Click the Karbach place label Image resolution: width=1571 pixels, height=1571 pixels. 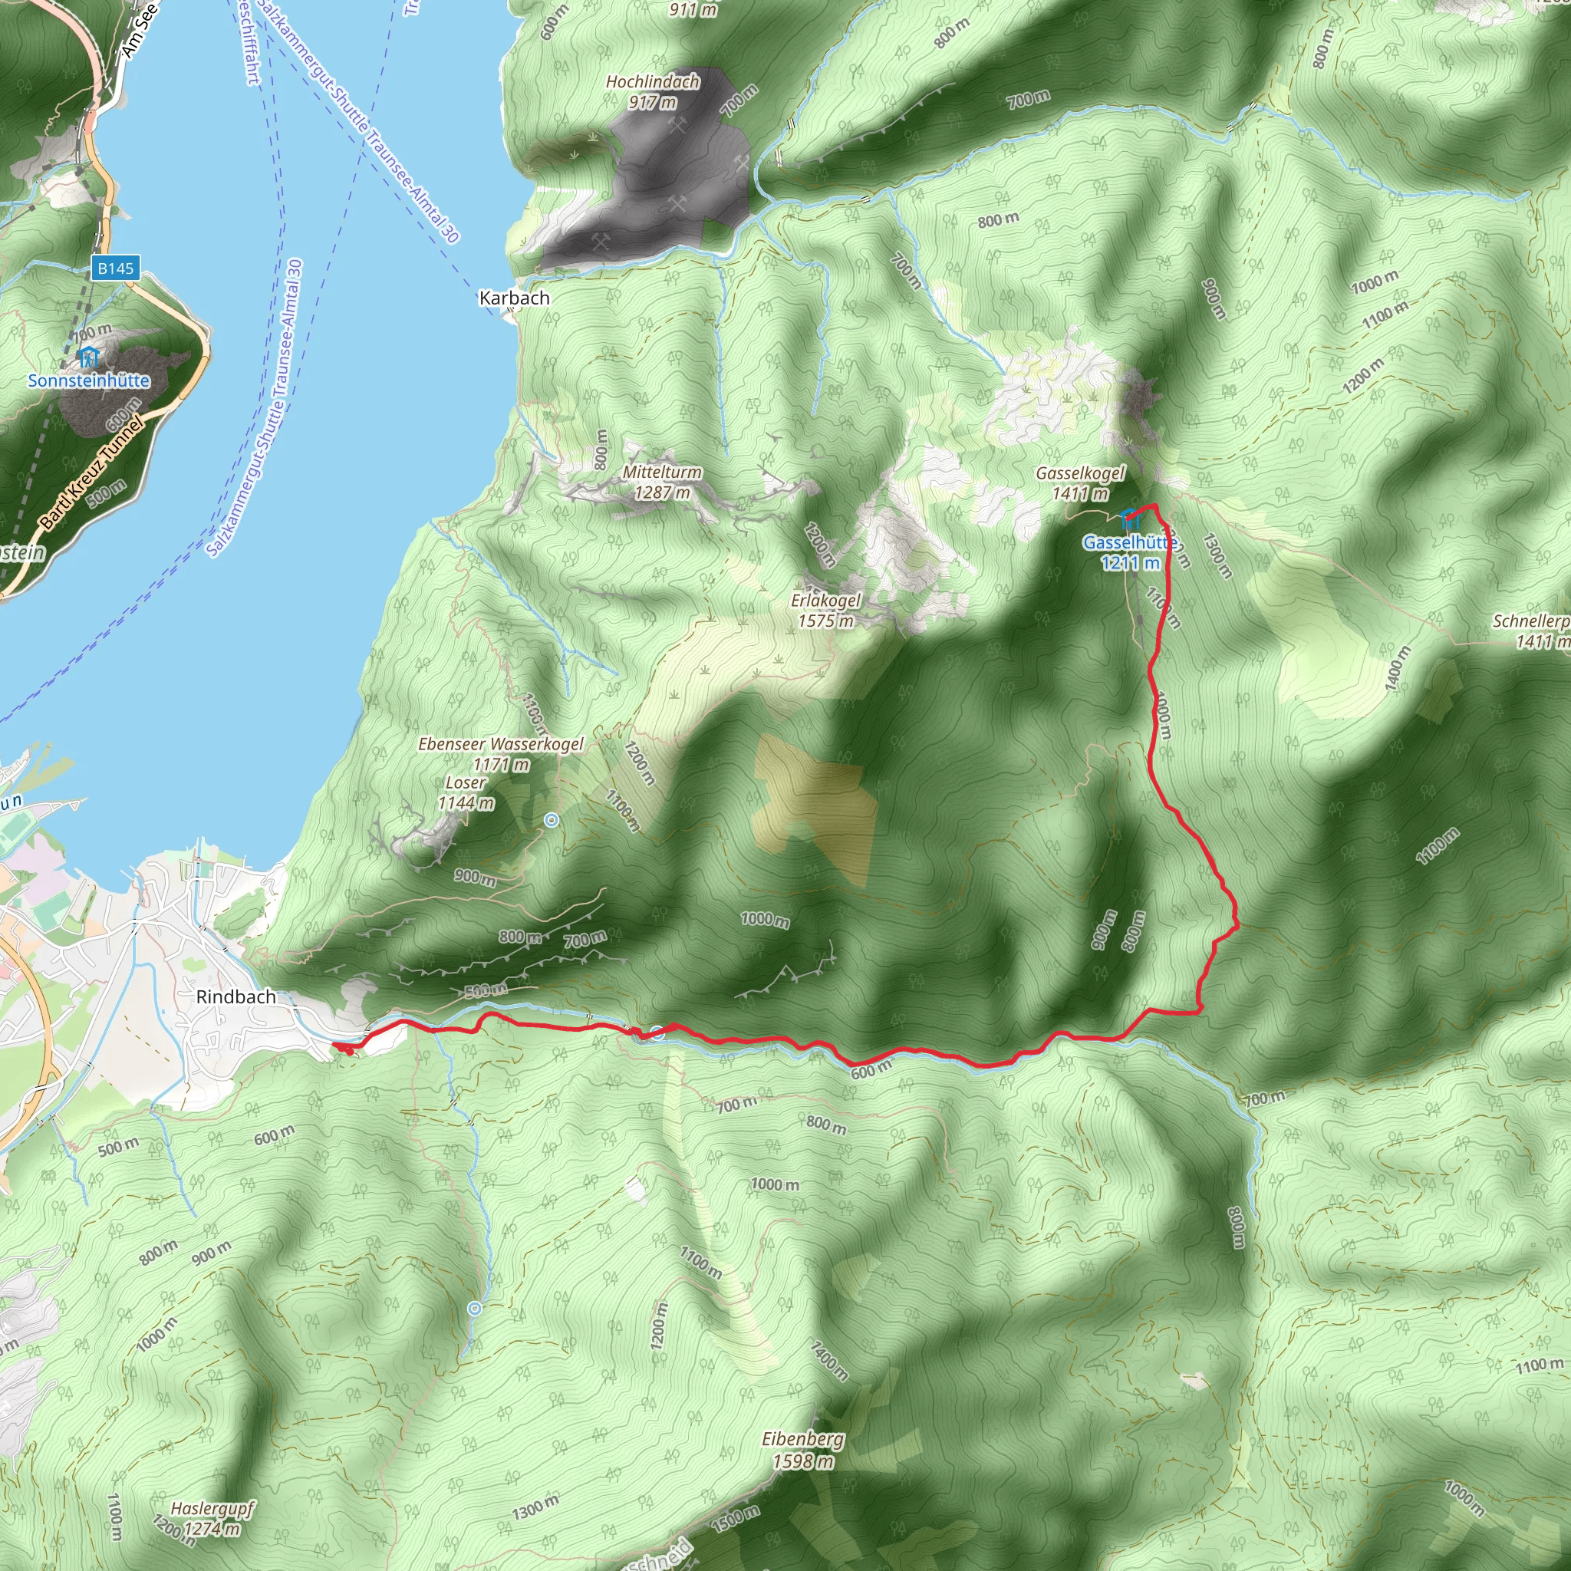point(514,298)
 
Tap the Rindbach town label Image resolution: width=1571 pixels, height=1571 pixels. point(235,997)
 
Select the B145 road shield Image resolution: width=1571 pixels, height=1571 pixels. point(116,268)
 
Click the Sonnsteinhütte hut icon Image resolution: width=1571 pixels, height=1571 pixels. point(87,356)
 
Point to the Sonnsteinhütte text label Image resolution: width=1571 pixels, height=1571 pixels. point(89,380)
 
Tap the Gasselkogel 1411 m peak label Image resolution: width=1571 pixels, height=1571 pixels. point(1080,483)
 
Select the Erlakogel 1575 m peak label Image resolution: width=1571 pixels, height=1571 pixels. point(825,610)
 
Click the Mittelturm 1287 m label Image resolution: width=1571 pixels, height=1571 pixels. point(662,482)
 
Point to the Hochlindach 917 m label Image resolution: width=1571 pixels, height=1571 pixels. point(652,91)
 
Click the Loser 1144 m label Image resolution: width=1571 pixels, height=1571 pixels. point(466,792)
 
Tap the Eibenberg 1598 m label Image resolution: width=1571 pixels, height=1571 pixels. point(802,1450)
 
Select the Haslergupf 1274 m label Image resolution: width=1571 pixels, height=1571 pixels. point(212,1518)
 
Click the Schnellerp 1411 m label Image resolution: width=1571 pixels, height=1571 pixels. point(1533,631)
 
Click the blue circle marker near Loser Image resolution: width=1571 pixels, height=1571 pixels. point(552,820)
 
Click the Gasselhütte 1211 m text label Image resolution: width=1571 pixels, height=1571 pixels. point(1129,552)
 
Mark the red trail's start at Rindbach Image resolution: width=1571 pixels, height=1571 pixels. point(335,1044)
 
